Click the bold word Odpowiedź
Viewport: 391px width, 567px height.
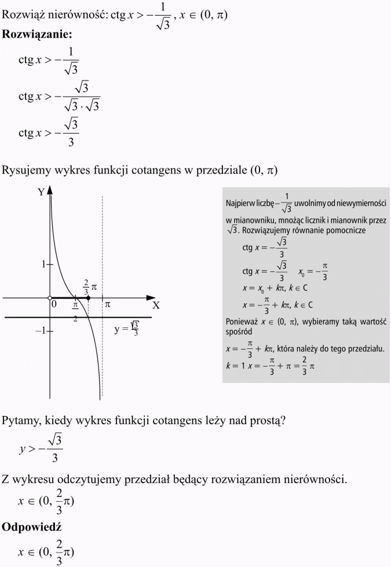tap(32, 527)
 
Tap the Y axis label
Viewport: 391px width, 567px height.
tap(41, 192)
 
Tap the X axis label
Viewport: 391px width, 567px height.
tap(155, 305)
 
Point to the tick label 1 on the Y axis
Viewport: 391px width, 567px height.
tap(43, 264)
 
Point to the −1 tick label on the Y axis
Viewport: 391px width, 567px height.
tap(40, 331)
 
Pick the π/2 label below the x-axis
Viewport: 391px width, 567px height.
tap(75, 310)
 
